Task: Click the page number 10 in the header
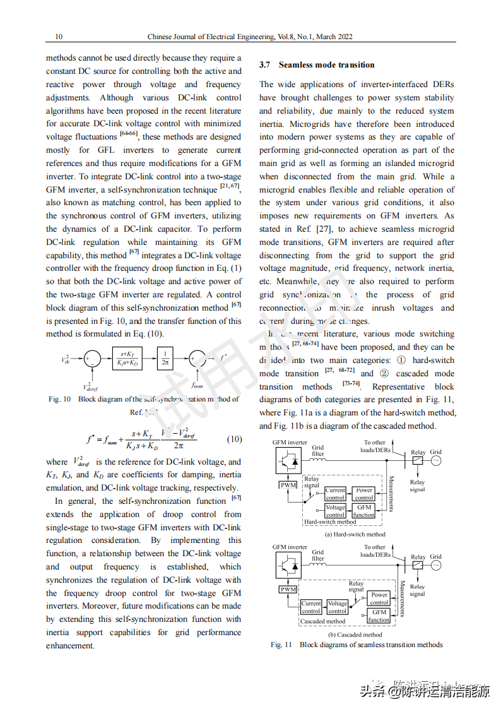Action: tap(59, 37)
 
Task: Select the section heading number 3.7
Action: tap(264, 65)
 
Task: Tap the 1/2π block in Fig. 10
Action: tap(165, 358)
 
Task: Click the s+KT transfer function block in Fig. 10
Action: tap(127, 358)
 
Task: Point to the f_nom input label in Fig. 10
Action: tap(197, 383)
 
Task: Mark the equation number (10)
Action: tap(233, 439)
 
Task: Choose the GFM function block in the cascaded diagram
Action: tap(379, 616)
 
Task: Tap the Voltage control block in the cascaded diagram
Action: tap(337, 607)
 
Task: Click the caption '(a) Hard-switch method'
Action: tap(354, 534)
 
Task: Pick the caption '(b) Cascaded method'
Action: tap(354, 635)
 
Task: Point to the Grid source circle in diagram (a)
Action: tap(435, 461)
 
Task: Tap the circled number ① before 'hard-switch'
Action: tap(402, 360)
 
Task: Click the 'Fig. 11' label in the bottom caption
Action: tap(281, 645)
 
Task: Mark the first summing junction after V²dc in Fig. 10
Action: tap(92, 359)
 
